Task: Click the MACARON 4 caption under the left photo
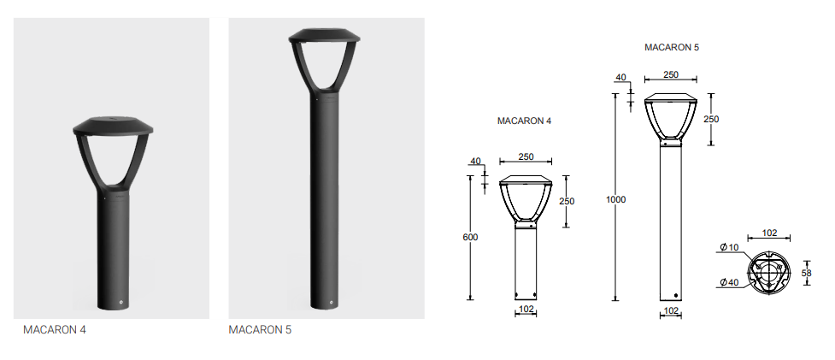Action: tap(55, 330)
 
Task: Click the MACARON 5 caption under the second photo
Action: tap(260, 330)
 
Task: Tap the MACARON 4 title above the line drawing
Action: tap(524, 121)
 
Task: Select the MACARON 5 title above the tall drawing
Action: tap(672, 47)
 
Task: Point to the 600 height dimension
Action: tap(470, 237)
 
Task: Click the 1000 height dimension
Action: tap(615, 200)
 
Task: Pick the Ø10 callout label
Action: tap(730, 247)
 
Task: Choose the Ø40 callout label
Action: tap(730, 282)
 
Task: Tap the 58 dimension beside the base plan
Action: tap(806, 273)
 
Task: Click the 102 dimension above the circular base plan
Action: tap(769, 233)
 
